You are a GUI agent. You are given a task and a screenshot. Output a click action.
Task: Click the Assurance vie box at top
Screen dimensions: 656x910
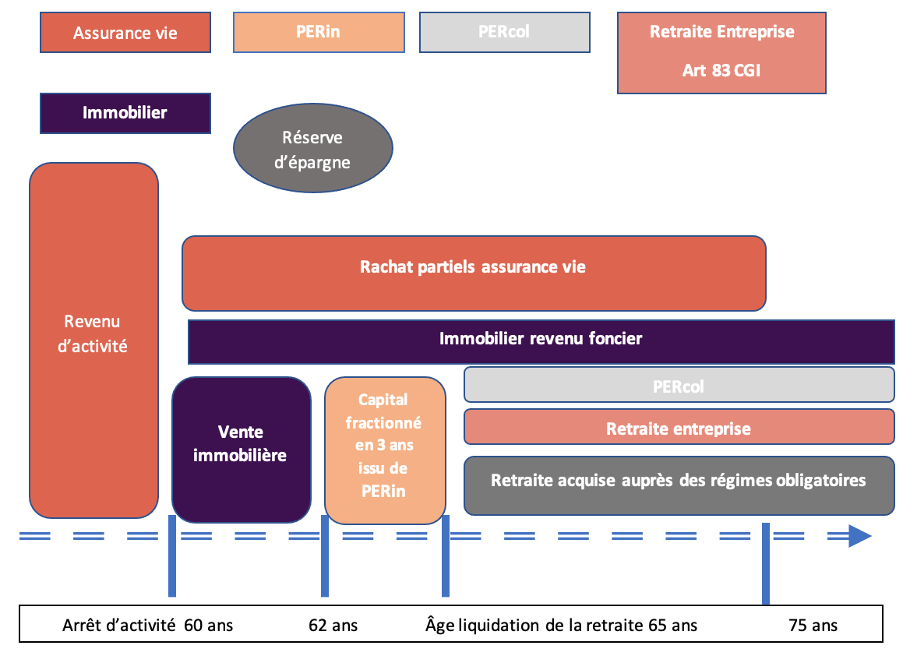(125, 33)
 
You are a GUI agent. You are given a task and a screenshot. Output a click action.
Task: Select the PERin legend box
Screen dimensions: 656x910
(319, 32)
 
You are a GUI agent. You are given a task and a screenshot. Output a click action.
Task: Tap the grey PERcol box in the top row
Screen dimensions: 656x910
(504, 32)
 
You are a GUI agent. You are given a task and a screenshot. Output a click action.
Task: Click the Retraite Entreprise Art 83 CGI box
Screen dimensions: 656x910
(721, 52)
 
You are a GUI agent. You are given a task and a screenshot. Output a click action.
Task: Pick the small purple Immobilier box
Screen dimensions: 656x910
(125, 113)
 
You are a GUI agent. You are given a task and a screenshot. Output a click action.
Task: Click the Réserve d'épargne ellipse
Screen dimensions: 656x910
(312, 150)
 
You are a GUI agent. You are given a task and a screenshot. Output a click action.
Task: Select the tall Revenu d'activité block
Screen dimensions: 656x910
(93, 340)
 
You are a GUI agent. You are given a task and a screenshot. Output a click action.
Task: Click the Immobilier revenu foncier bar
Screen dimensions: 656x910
(541, 340)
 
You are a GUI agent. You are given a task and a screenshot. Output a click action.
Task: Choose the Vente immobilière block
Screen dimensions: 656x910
(241, 450)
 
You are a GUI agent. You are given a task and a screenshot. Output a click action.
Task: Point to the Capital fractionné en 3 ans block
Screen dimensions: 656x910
(385, 450)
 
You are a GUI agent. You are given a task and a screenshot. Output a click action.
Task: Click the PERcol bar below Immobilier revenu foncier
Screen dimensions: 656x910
(679, 385)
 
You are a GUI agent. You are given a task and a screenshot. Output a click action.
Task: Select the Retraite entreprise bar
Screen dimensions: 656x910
(679, 428)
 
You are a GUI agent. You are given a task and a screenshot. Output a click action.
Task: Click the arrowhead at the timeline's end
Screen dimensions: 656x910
(859, 536)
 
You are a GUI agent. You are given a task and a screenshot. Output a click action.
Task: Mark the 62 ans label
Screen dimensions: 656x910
(332, 625)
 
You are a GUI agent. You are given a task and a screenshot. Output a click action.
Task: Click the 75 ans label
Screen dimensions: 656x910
(813, 625)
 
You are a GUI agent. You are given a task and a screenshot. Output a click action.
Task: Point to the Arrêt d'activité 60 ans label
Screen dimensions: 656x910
(147, 625)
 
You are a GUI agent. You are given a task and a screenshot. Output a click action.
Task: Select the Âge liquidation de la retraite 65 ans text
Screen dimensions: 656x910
(561, 625)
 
